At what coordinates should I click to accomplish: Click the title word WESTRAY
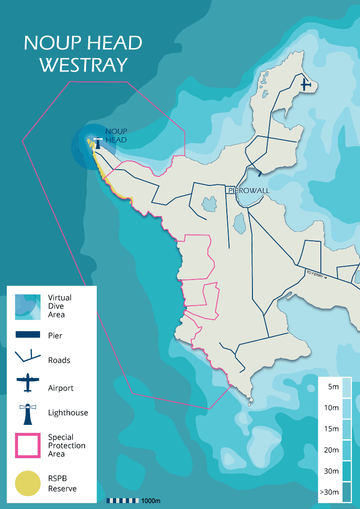point(83,65)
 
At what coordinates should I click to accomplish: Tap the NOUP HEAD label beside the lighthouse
point(116,135)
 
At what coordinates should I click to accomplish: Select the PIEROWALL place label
point(249,191)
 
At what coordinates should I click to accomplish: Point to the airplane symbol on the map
point(306,84)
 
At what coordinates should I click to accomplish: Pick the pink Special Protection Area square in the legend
point(28,446)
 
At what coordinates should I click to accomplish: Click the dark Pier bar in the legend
point(28,335)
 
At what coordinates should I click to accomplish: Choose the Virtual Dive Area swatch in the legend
point(27,306)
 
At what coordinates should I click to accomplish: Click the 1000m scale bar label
point(151,501)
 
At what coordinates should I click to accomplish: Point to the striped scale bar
point(122,500)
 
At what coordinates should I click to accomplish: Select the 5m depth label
point(333,387)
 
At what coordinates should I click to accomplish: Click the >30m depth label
point(329,492)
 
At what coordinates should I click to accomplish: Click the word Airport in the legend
point(61,388)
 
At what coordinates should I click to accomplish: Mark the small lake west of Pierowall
point(208,204)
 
